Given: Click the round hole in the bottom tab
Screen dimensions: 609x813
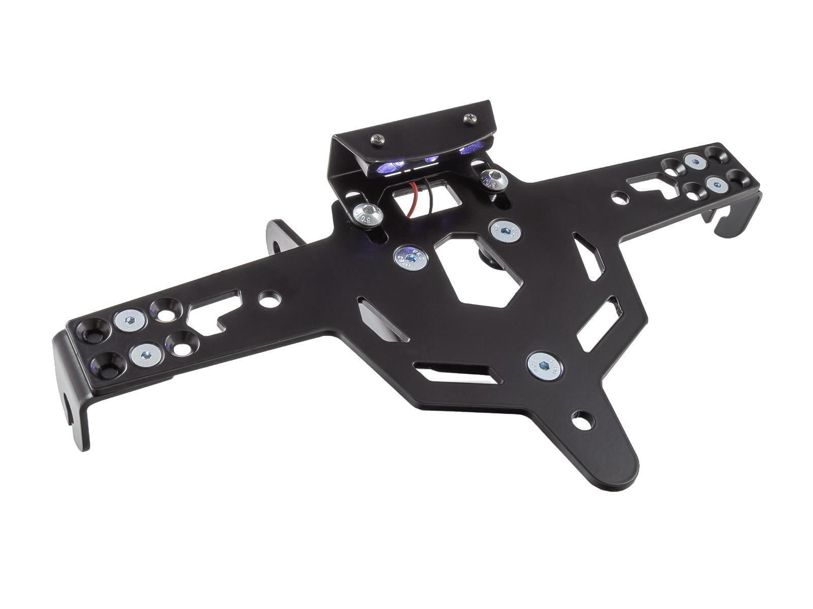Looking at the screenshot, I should tap(582, 421).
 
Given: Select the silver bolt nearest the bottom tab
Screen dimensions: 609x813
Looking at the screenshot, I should tap(544, 366).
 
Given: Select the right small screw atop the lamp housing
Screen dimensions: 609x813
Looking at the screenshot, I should tap(470, 119).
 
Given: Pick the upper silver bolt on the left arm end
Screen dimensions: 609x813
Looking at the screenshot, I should tap(131, 320).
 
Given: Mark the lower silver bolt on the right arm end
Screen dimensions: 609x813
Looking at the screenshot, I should tap(715, 184).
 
